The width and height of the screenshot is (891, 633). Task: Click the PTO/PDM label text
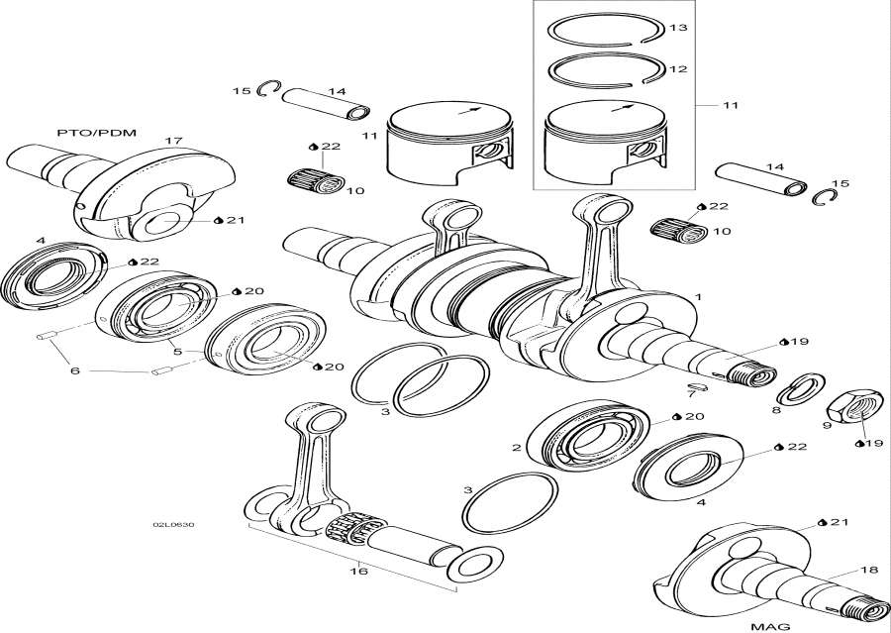[82, 132]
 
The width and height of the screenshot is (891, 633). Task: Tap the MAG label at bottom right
[770, 625]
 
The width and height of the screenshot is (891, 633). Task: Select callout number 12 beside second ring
[677, 69]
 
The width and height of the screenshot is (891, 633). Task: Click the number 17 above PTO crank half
[174, 141]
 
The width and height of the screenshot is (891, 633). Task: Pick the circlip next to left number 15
[264, 91]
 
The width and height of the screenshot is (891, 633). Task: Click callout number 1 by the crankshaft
[698, 296]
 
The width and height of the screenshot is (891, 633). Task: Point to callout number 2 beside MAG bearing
[516, 448]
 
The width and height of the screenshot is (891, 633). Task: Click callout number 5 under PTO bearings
[177, 351]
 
